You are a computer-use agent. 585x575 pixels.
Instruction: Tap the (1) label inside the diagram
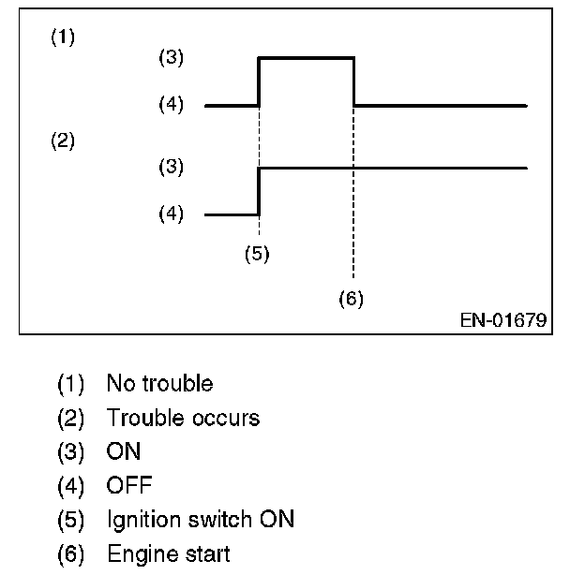62,37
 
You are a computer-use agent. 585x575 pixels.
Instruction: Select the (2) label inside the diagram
62,142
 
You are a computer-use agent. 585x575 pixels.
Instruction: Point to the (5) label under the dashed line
257,253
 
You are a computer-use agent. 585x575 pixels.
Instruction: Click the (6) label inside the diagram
351,299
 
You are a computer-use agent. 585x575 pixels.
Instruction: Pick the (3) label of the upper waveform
172,58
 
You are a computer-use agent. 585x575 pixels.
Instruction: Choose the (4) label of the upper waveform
172,106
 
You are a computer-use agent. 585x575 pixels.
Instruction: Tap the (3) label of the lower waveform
172,168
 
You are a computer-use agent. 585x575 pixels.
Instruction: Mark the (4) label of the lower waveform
172,214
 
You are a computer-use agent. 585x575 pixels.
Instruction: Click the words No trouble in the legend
159,384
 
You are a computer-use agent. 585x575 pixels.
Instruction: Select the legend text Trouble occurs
183,418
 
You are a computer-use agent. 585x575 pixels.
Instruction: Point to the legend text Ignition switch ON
200,519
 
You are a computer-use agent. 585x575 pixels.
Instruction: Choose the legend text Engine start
168,553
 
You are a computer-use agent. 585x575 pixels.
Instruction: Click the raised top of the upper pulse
307,58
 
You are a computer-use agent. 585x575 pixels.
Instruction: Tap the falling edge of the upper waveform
354,82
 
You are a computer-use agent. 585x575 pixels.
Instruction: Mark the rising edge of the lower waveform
259,191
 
